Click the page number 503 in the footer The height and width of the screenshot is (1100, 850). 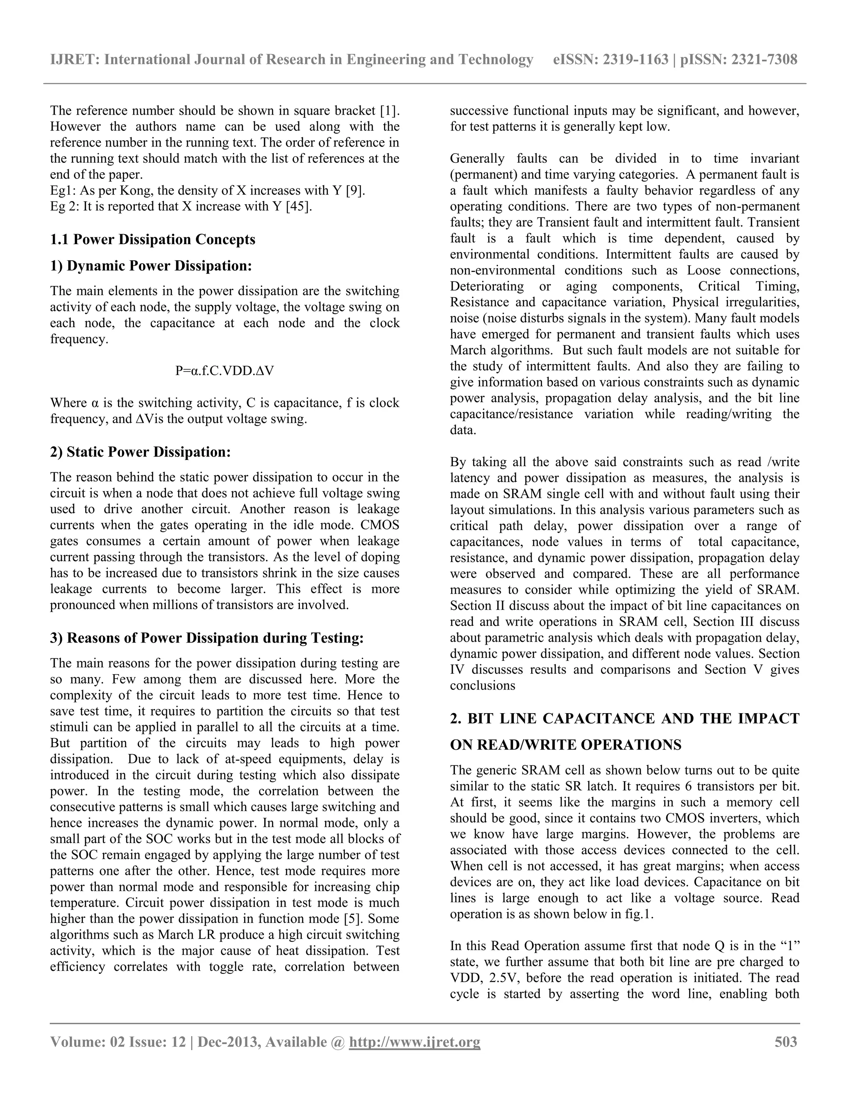coord(786,1041)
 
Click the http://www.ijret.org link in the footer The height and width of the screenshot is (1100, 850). coord(415,1041)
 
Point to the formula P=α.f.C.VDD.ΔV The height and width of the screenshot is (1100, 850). coord(225,371)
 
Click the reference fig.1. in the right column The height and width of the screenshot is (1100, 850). coord(638,914)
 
